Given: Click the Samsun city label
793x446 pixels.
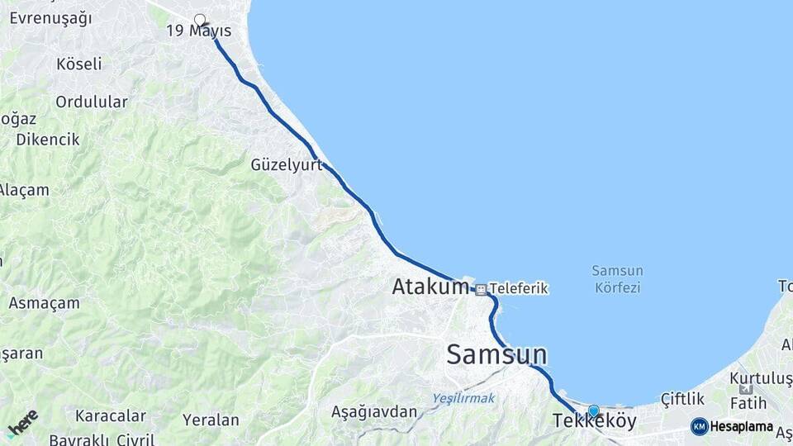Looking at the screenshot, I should coord(496,354).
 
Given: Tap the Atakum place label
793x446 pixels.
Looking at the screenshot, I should coord(430,287).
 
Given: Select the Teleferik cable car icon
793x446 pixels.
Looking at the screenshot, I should coord(481,289).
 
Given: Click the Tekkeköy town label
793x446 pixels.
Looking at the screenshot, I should coord(594,422).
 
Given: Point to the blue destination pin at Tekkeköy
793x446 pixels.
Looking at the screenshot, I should coord(593,410).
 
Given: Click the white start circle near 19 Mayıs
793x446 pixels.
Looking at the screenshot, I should coord(199,19).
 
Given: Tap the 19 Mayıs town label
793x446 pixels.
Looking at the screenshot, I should coord(198,31).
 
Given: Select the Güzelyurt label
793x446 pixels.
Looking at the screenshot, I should coord(286,165).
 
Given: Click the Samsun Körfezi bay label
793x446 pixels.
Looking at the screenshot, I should coord(617,279).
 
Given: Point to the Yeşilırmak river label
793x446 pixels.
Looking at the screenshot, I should coord(463,398).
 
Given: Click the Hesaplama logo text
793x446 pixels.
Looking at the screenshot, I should coord(741,427).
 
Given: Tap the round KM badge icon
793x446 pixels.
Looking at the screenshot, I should coord(699,427).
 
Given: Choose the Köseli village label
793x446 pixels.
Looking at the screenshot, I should coord(79,64).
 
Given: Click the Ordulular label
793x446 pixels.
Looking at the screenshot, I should coord(92,102).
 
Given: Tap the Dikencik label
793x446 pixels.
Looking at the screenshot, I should coord(48,140).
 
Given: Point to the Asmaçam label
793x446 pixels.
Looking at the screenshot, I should coord(44,303).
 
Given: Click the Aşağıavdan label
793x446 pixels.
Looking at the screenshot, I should coord(374,411).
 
